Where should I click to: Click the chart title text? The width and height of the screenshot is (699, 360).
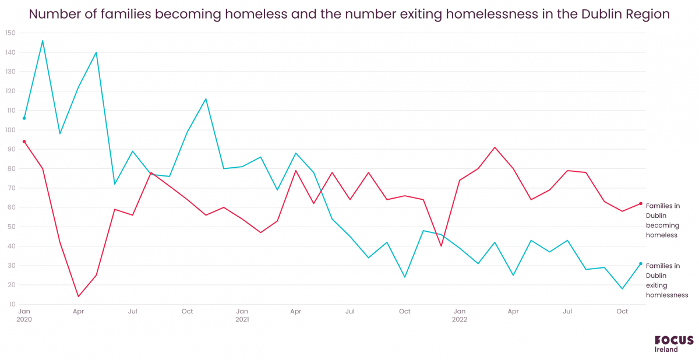349,14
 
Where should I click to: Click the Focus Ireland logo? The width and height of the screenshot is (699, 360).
674,344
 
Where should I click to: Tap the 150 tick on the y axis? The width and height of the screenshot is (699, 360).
10,33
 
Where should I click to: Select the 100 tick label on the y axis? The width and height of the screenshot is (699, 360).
10,130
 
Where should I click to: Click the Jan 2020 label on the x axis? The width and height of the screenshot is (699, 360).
24,315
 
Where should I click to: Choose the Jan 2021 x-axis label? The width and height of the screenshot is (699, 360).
242,315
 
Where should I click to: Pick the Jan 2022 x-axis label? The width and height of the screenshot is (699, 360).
460,315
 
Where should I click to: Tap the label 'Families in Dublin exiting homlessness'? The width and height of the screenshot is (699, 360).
666,280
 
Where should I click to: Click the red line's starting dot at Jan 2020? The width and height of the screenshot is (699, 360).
24,142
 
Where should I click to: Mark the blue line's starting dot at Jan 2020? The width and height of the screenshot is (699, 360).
24,118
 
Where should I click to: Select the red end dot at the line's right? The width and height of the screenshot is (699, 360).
640,203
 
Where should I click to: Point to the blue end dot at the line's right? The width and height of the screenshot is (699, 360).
640,263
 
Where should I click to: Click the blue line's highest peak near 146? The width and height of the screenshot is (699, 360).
43,41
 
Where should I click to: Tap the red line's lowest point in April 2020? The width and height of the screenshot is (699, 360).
78,297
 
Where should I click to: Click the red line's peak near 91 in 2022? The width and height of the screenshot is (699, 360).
495,147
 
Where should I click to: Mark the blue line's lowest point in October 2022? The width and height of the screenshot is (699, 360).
622,289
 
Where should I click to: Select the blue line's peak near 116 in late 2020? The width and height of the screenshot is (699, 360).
206,99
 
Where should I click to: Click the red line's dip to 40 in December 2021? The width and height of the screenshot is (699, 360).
441,246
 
